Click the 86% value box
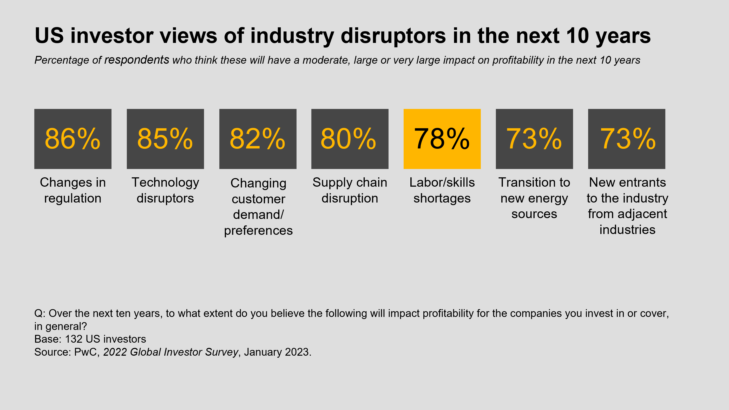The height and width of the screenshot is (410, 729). [73, 139]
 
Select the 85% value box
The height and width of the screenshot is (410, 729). [165, 139]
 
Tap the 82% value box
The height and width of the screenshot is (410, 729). [258, 139]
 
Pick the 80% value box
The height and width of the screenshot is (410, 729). [350, 139]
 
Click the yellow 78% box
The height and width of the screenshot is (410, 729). [442, 139]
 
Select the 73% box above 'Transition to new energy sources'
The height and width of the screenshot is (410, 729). [534, 139]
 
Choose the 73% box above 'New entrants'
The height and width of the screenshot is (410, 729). [627, 139]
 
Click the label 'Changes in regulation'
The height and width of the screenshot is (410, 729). [73, 190]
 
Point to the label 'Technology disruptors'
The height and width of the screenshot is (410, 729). [165, 190]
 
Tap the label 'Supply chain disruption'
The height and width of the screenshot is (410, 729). [350, 190]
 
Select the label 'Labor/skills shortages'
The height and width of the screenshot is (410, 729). [442, 190]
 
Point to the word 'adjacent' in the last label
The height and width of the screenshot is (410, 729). [642, 214]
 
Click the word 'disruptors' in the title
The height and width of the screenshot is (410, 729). [393, 36]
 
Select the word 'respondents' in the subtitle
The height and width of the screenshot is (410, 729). [137, 60]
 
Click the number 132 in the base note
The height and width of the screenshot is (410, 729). [74, 339]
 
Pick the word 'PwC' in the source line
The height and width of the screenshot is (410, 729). [86, 352]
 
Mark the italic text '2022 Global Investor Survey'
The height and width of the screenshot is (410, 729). [171, 352]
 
